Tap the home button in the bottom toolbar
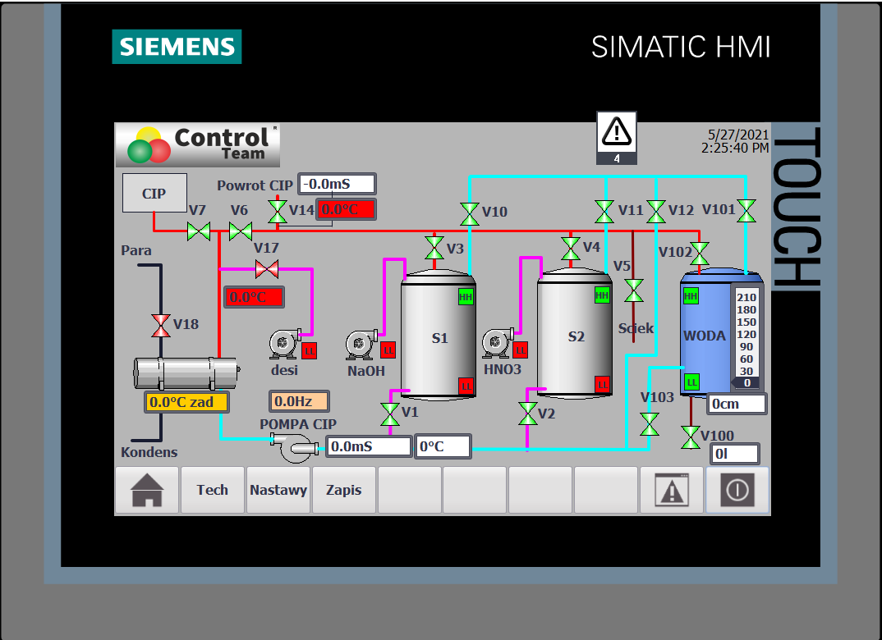coord(147,490)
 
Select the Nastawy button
coord(278,490)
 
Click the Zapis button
coord(344,490)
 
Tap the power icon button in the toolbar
coord(737,490)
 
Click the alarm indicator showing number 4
coord(617,138)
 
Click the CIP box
coord(154,193)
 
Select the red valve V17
coord(267,269)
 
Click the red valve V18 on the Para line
coord(161,326)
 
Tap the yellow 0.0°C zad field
coord(186,402)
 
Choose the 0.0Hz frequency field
coord(299,401)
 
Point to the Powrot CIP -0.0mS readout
coord(337,184)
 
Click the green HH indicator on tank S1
coord(466,297)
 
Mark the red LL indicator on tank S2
coord(603,384)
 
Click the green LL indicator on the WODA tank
coord(691,382)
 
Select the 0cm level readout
coord(737,404)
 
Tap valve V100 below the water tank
coord(691,437)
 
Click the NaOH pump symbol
coord(361,344)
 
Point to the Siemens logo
coord(177,47)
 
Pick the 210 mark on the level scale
coord(746,297)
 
